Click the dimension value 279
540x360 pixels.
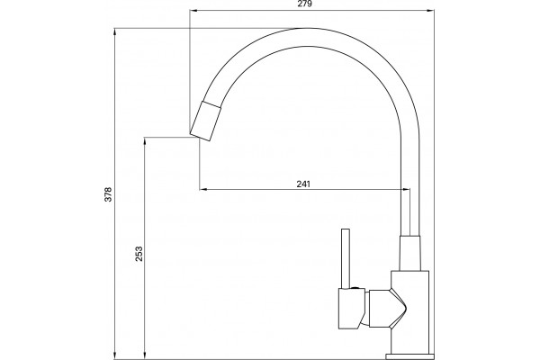pos(304,4)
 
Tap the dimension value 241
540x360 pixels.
pos(303,184)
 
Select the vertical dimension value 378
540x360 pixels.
pos(108,194)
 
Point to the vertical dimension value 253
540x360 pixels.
pos(139,254)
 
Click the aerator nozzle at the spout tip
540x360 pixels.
pos(205,121)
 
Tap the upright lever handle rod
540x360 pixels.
pos(345,258)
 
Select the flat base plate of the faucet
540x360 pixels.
pos(409,356)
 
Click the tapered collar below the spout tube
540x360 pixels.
pos(409,253)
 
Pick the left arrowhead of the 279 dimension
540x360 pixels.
pos(193,11)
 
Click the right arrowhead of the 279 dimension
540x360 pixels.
pos(430,11)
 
